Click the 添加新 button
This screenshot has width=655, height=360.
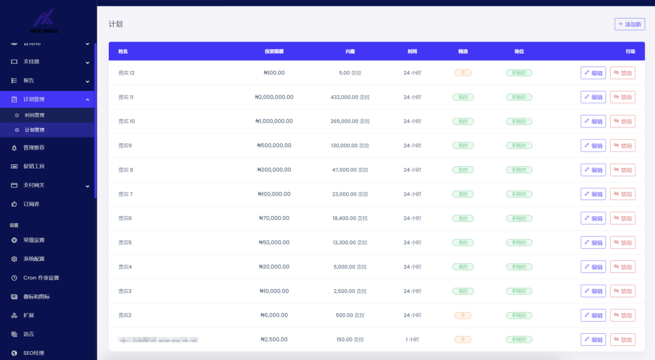coord(629,24)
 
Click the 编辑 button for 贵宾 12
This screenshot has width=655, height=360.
coord(593,73)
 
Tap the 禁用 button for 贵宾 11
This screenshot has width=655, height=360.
coord(622,97)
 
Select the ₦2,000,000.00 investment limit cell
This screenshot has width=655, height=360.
coord(274,97)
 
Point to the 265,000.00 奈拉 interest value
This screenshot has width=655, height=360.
coord(350,121)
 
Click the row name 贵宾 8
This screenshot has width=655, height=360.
coord(126,170)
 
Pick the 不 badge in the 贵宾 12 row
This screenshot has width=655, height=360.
coord(462,73)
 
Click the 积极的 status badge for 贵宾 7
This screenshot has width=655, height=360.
coord(519,194)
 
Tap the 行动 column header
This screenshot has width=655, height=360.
coord(630,51)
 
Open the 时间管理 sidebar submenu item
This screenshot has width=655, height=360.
coord(35,115)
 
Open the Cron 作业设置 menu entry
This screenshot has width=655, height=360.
coord(41,278)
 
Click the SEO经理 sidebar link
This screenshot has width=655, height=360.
coord(33,353)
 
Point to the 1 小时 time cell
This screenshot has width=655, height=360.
coord(412,340)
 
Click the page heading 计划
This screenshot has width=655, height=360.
coord(115,24)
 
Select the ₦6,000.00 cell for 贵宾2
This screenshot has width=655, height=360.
coord(274,315)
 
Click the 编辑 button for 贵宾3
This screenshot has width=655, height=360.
coord(593,291)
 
